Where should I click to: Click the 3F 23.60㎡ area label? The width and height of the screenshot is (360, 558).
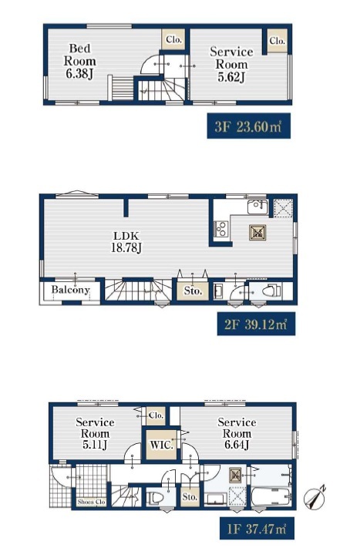point(248,126)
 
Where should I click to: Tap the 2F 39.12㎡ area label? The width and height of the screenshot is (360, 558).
point(256,324)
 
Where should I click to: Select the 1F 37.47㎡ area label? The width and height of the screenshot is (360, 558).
point(257,529)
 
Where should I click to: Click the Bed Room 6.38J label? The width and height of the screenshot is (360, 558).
point(79,61)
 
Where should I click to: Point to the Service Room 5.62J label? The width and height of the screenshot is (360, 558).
point(231,64)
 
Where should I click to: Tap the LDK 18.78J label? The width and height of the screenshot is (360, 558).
point(126,242)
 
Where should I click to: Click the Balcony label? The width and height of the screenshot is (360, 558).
point(70,289)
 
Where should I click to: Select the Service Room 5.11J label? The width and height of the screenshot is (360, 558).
point(95,433)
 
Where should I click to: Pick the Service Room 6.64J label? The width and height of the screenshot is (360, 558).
point(237,433)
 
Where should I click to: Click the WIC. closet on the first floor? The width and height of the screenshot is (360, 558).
point(162,445)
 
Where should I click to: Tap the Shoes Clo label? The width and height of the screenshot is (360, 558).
point(92,502)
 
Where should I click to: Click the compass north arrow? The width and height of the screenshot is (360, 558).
point(315,496)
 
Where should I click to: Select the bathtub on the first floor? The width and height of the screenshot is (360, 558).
point(271,496)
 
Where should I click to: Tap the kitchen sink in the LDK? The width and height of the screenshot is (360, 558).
point(257,207)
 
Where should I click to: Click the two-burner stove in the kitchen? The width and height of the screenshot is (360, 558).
point(220,229)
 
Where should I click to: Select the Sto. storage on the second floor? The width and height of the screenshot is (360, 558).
point(193,291)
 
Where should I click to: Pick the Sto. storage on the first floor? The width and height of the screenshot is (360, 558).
point(190,496)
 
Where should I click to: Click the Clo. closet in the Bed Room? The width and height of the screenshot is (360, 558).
point(173,39)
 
